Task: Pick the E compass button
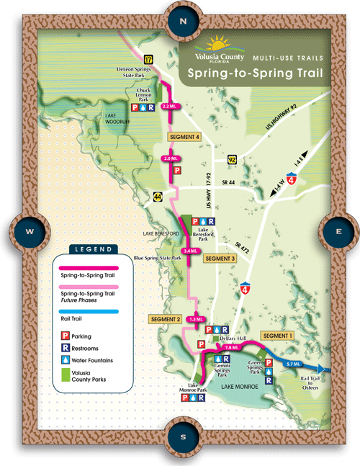click(x=338, y=231)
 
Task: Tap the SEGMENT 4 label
click(x=183, y=136)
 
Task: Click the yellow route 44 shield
click(x=156, y=194)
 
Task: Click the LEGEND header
click(x=92, y=250)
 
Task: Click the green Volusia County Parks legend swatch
click(x=63, y=374)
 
